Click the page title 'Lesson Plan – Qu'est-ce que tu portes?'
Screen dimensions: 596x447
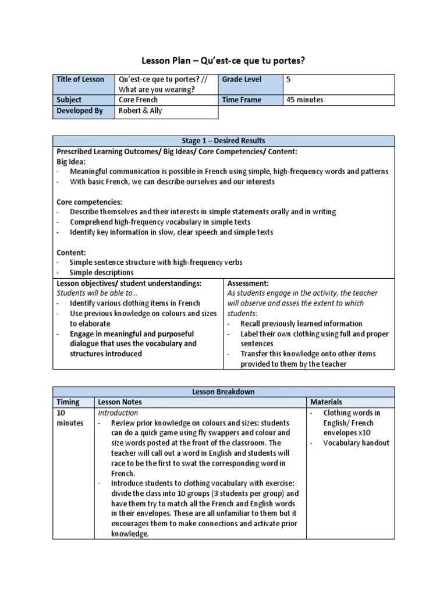pos(223,61)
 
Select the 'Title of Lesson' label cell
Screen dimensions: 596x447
pos(80,80)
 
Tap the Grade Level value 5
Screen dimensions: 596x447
pos(288,80)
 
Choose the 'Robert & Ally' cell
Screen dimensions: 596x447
pos(140,111)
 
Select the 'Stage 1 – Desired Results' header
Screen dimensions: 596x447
pos(223,141)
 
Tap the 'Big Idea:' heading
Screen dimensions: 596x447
pos(71,161)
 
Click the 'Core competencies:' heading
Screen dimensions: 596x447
pos(89,202)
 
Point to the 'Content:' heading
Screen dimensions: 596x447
pos(70,252)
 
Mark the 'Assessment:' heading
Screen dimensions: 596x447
pos(248,283)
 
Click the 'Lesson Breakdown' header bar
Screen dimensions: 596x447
pos(223,392)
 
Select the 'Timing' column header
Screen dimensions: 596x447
pos(68,402)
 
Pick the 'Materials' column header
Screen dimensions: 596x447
pos(326,402)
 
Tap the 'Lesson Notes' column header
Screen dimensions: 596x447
pos(120,402)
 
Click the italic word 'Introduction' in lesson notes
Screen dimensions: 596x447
pos(118,413)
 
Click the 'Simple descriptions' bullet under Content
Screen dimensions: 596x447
pos(101,272)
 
